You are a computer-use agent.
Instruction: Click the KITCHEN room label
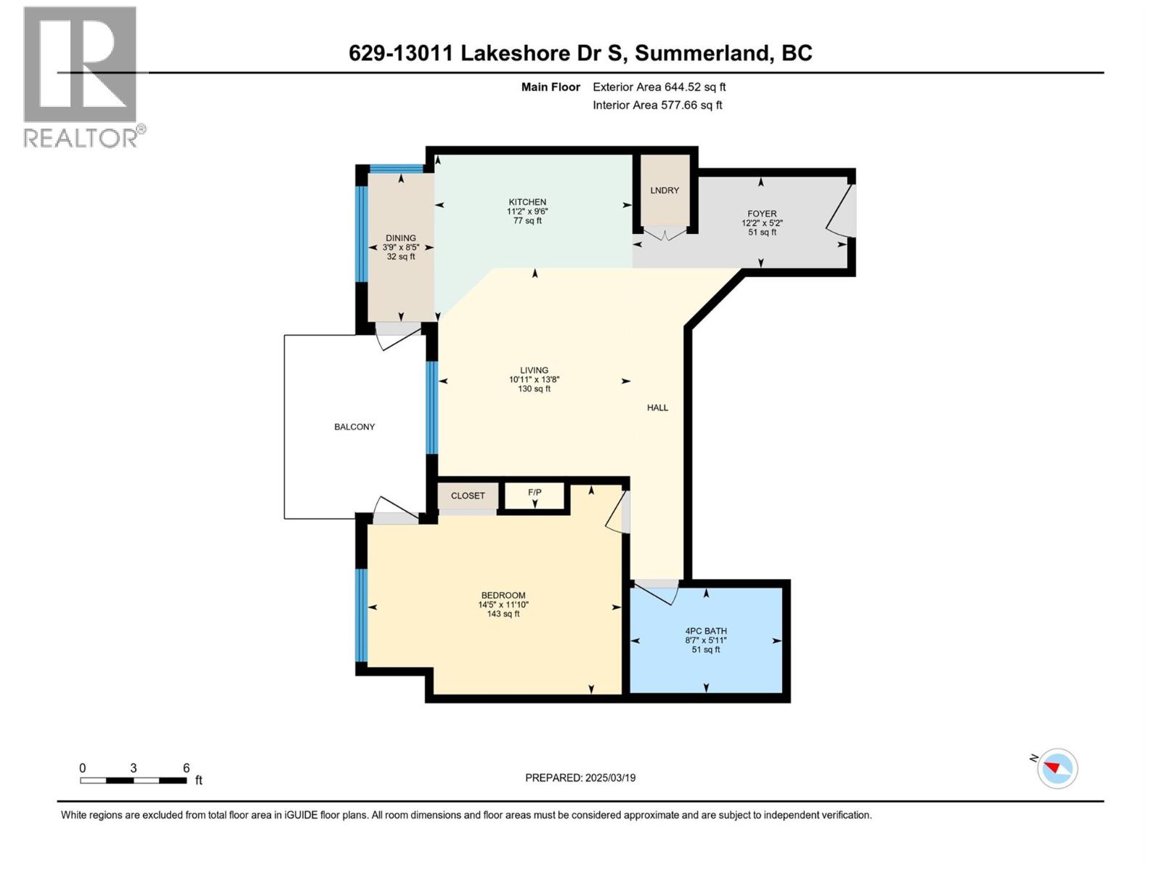[x=527, y=202]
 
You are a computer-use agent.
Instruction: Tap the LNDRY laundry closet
[x=665, y=190]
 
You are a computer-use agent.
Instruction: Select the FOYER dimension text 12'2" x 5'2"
[x=762, y=223]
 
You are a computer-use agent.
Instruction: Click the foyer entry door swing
[x=842, y=211]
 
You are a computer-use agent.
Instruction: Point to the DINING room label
[x=401, y=238]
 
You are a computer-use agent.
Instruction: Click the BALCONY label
[x=354, y=427]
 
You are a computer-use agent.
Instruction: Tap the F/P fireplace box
[x=535, y=496]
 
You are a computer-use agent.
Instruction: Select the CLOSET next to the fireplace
[x=468, y=496]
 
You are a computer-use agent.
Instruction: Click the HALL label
[x=657, y=408]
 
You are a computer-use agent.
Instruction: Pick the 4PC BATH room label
[x=706, y=631]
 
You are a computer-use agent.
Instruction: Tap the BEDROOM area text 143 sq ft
[x=503, y=614]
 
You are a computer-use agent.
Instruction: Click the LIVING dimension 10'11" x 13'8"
[x=534, y=379]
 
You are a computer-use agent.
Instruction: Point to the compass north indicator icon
[x=1057, y=768]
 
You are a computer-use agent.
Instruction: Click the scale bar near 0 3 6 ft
[x=133, y=780]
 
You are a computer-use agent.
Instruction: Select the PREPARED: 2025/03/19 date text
[x=580, y=778]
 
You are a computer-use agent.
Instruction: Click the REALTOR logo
[x=81, y=76]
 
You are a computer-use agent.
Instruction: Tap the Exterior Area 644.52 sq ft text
[x=659, y=87]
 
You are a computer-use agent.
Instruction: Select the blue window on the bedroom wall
[x=361, y=615]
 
